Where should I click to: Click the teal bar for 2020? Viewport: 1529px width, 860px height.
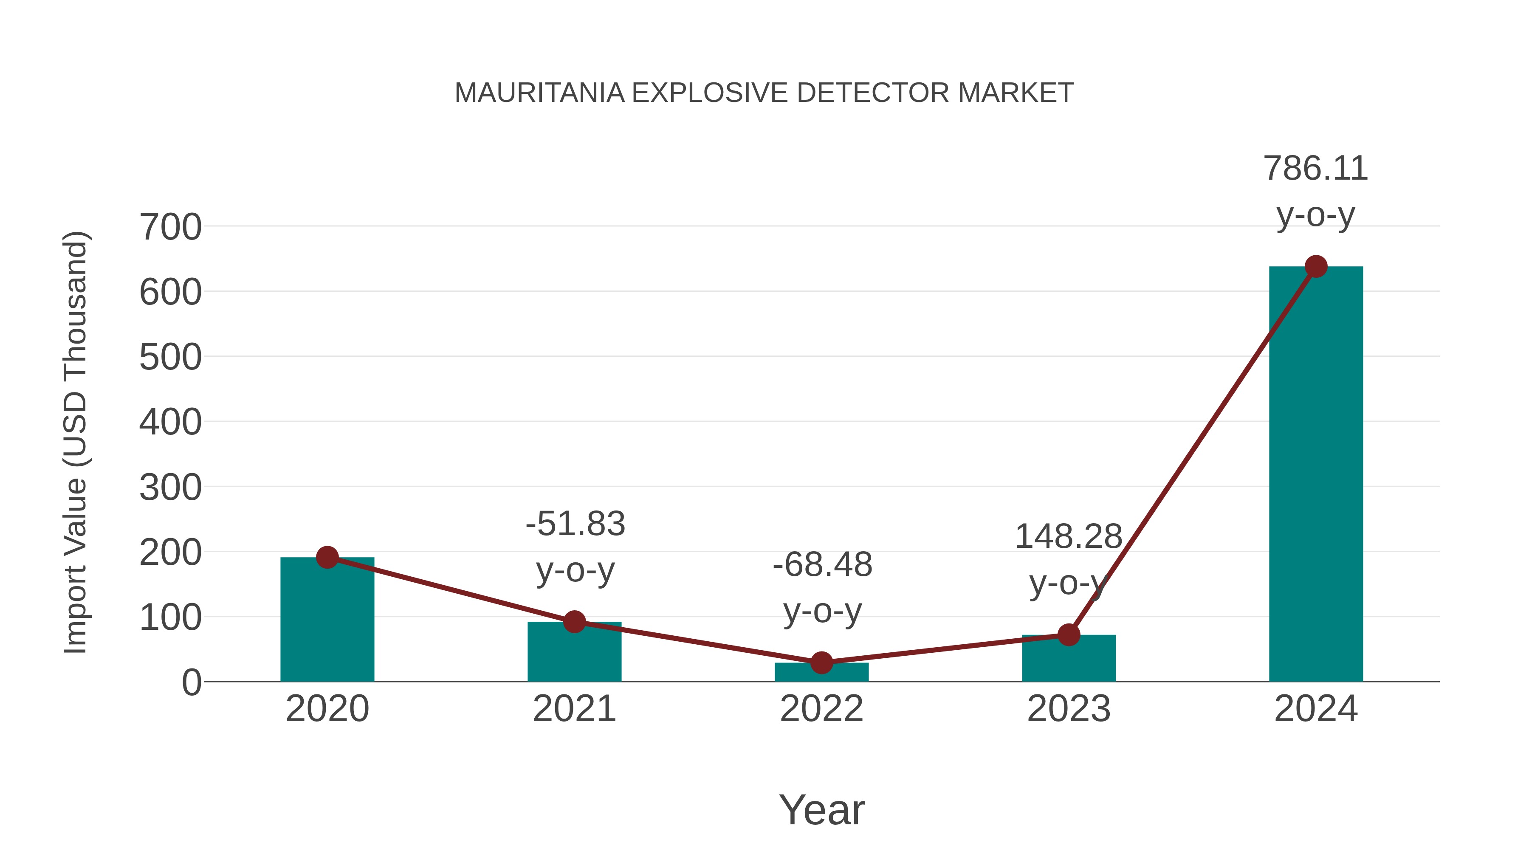(327, 623)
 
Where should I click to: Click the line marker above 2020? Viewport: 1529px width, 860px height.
(327, 557)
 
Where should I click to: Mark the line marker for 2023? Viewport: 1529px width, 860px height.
(1069, 635)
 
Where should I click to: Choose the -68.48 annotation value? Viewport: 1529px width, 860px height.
(822, 564)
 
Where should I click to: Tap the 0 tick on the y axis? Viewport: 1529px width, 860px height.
(191, 682)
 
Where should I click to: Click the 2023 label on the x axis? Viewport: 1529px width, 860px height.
(1069, 709)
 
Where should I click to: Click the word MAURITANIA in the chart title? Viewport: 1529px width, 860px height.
(539, 93)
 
